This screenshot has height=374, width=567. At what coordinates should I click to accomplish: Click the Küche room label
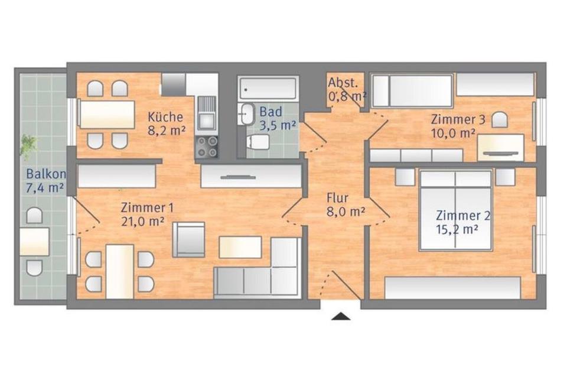pyautogui.click(x=165, y=117)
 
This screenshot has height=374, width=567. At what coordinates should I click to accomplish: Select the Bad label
pyautogui.click(x=271, y=111)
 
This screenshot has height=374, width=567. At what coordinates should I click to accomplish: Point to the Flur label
pyautogui.click(x=337, y=198)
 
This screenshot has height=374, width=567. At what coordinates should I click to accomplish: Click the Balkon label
pyautogui.click(x=46, y=174)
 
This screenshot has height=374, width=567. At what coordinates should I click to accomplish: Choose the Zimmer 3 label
pyautogui.click(x=458, y=119)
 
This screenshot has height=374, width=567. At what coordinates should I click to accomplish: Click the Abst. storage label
pyautogui.click(x=343, y=83)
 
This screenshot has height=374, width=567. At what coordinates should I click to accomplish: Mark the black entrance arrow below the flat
pyautogui.click(x=341, y=317)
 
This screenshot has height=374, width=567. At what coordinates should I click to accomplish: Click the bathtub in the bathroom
pyautogui.click(x=268, y=88)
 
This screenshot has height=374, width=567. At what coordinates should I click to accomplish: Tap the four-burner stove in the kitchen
pyautogui.click(x=207, y=147)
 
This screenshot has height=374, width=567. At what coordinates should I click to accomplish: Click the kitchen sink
pyautogui.click(x=207, y=113)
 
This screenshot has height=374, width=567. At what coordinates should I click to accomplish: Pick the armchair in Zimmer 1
pyautogui.click(x=188, y=239)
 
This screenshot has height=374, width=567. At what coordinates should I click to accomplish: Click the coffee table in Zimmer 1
pyautogui.click(x=240, y=247)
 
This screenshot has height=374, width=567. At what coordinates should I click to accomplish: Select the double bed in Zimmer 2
pyautogui.click(x=455, y=210)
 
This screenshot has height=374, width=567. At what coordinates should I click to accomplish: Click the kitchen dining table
pyautogui.click(x=107, y=114)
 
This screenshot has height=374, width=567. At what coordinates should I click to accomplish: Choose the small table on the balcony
pyautogui.click(x=34, y=242)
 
